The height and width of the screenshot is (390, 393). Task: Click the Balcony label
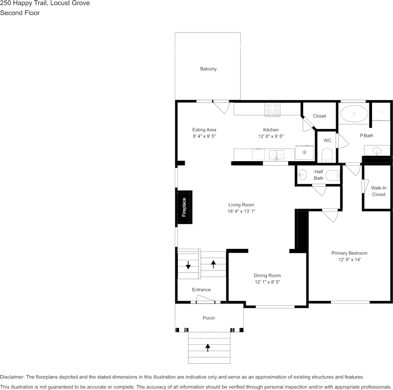(x=208, y=69)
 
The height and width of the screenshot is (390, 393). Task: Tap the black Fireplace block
(x=184, y=207)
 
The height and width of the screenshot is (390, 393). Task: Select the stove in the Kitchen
(x=273, y=110)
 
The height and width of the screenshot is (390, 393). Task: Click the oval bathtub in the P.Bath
(x=354, y=114)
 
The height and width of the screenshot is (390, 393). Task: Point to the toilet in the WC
(x=327, y=155)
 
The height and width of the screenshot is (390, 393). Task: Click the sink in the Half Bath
(x=303, y=175)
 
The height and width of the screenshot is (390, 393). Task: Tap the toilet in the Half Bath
(x=333, y=176)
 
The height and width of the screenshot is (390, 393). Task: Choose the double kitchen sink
(x=276, y=155)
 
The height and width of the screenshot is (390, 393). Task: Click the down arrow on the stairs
(x=188, y=265)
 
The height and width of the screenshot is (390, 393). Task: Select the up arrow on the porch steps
(x=207, y=348)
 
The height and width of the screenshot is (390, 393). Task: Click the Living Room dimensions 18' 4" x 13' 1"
(x=241, y=211)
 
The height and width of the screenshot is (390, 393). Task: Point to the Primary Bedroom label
(x=349, y=253)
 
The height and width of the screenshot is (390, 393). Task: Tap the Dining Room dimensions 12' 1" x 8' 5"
(x=268, y=282)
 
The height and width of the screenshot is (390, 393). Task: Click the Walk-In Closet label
(x=379, y=191)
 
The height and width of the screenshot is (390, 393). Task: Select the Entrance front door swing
(x=205, y=298)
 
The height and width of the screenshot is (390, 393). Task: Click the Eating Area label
(x=204, y=130)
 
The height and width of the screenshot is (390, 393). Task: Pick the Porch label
(x=209, y=318)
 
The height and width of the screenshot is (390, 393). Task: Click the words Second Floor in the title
(x=20, y=13)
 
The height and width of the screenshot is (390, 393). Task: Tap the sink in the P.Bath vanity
(x=377, y=151)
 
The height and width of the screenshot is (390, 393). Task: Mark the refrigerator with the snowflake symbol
(x=304, y=153)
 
